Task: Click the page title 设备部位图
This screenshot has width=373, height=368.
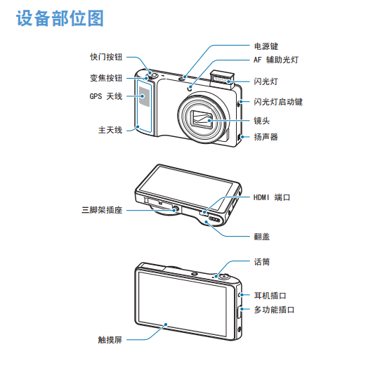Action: click(60, 18)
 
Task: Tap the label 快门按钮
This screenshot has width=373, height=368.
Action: click(106, 57)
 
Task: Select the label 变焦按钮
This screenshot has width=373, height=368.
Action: click(106, 78)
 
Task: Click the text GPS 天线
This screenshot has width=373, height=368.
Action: click(106, 96)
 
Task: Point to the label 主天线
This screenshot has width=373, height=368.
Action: click(110, 130)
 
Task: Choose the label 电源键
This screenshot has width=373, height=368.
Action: click(266, 46)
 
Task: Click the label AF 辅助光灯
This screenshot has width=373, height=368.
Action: click(276, 60)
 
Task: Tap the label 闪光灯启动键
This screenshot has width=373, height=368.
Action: click(278, 102)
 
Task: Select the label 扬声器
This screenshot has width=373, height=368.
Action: click(266, 137)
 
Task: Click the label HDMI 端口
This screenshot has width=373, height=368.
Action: click(272, 197)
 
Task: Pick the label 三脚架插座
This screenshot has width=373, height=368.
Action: click(102, 210)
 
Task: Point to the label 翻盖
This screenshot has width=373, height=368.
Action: click(262, 237)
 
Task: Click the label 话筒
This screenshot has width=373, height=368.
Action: click(262, 262)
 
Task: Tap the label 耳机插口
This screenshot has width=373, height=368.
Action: click(270, 296)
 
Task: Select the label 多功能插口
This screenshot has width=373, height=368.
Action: click(274, 310)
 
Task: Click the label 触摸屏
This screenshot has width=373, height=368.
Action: click(110, 340)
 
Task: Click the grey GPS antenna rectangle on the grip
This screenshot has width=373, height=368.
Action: click(145, 96)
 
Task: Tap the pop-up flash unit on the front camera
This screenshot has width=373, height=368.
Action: click(222, 79)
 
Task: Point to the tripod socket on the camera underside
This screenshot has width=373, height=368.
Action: click(176, 209)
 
